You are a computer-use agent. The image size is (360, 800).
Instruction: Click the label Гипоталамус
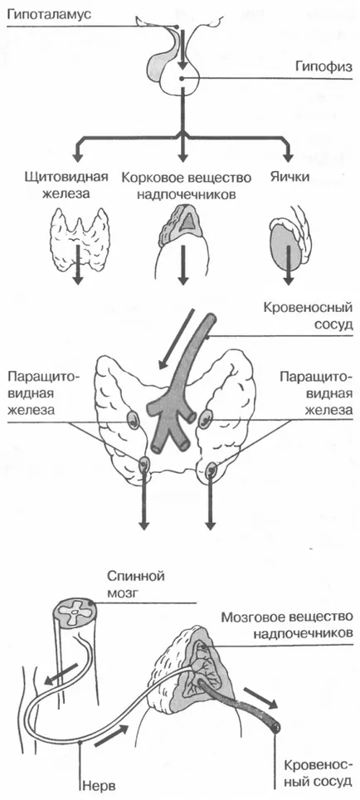(48, 13)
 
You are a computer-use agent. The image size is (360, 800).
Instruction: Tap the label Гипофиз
(324, 66)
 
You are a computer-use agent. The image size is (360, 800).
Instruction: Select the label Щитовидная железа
(66, 186)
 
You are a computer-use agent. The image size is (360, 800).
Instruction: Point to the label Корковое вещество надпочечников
(187, 186)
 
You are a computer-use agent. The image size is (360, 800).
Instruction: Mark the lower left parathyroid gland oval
(144, 465)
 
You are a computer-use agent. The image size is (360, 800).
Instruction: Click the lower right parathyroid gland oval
(211, 468)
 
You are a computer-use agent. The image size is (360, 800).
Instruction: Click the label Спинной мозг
(135, 583)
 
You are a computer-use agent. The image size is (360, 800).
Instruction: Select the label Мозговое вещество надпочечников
(287, 626)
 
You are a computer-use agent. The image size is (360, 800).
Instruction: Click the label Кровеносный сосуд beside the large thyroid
(308, 317)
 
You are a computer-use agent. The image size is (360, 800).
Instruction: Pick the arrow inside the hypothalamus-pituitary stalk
(182, 50)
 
